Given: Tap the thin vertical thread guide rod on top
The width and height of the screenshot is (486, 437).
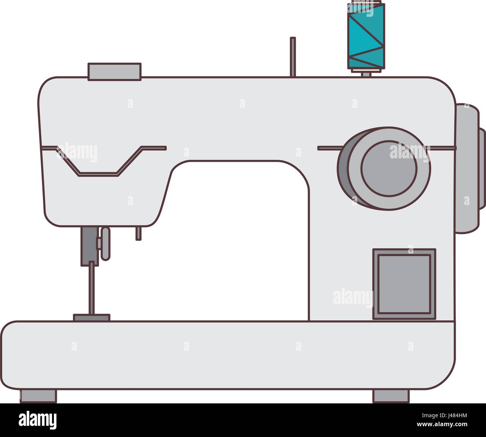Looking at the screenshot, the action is [293, 57].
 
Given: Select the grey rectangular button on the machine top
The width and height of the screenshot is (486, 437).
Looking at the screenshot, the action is [114, 72].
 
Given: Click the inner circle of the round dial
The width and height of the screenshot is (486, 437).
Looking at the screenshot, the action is [389, 168].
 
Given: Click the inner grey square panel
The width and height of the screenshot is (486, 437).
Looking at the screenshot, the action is [404, 284].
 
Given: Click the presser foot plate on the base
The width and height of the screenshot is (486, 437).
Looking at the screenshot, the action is [92, 317].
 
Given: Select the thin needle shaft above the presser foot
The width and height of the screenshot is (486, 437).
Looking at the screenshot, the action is [92, 288].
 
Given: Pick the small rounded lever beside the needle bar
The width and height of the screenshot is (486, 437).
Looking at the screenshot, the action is [105, 244].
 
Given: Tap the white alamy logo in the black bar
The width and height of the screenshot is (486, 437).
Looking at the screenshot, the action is [37, 420].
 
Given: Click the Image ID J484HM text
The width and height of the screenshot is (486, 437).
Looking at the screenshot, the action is [445, 415].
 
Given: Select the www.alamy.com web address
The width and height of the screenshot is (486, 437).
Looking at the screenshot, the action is [442, 424].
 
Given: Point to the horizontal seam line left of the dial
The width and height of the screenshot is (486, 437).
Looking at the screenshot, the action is [330, 148].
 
